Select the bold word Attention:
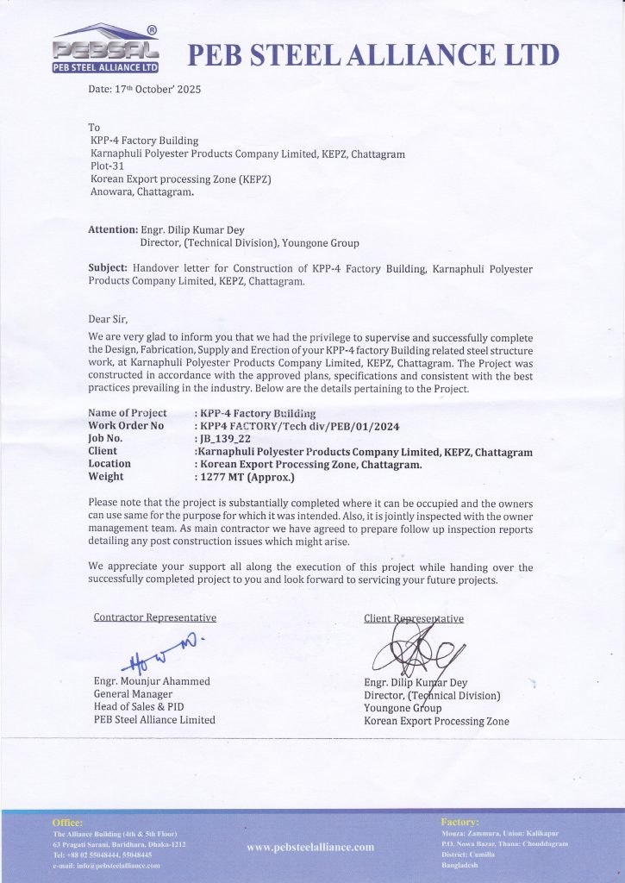tap(113, 230)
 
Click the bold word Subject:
tap(108, 268)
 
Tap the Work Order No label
tap(126, 425)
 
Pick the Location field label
tap(109, 463)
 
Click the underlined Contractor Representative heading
tap(154, 617)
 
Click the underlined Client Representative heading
tap(414, 617)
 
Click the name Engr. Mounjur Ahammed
tap(151, 681)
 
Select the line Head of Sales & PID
tap(139, 707)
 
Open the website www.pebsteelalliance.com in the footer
tap(310, 847)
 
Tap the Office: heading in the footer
tap(68, 823)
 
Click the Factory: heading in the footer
tap(459, 823)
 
